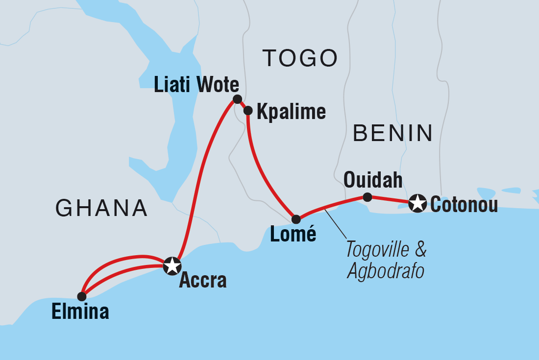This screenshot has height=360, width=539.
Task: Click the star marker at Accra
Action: coord(172,266)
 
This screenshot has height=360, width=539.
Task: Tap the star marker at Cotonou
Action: coord(417,203)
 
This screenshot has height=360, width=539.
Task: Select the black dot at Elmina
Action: coord(82,296)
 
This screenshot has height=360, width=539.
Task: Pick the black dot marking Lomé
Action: coord(296,219)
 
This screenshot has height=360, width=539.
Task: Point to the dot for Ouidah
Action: coord(367,197)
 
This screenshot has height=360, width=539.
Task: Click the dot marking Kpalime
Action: coord(248,111)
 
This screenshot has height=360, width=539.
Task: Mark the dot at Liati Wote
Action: coord(237,99)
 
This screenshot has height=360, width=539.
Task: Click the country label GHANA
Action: coord(101,208)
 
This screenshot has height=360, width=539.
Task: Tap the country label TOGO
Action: coord(300,58)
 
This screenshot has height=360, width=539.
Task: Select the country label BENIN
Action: coord(393,133)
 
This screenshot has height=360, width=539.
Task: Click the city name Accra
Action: coord(203,280)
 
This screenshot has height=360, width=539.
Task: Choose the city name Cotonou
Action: coord(464,204)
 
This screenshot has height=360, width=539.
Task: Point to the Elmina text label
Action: coord(80,312)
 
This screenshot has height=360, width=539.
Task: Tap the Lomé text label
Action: coord(293,235)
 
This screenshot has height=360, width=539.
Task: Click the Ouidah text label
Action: coord(373,180)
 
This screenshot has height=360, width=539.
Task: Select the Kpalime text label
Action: coord(291,112)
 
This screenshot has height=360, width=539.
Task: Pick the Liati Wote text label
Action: coord(196,85)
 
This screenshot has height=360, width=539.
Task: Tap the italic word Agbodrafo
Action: coord(385,271)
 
